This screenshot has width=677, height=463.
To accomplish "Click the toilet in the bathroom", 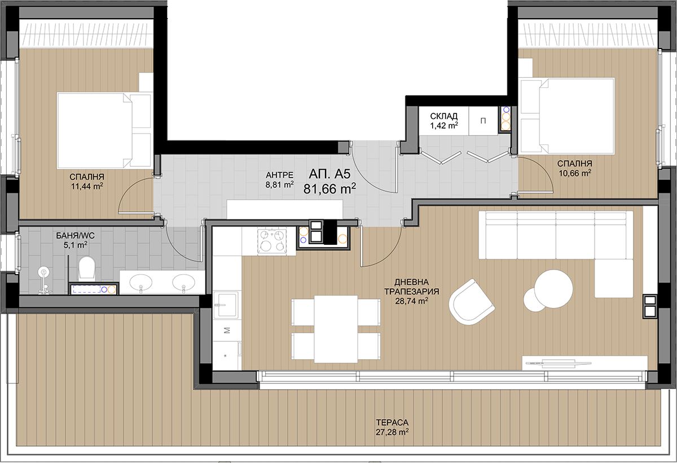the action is click(87, 267).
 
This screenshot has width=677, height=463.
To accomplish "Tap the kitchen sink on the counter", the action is click(226, 305).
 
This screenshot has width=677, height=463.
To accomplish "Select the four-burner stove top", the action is click(272, 241).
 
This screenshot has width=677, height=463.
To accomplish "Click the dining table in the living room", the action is click(336, 329).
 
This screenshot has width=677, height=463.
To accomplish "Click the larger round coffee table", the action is click(553, 288).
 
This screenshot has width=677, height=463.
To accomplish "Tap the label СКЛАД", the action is click(443, 116).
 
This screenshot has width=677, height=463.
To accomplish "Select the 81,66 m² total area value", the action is click(329, 188).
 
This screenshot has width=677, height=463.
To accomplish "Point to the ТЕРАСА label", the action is click(392, 422).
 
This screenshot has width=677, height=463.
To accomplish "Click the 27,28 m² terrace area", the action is click(392, 432).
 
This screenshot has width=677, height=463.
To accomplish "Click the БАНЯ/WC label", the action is click(75, 236).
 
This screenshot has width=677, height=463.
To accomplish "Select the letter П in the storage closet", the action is click(483, 121).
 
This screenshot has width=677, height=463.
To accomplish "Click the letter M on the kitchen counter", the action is click(227, 330).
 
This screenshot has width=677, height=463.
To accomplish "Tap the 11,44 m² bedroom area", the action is click(87, 186).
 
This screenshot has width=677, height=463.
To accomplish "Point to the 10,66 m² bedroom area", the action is click(574, 173).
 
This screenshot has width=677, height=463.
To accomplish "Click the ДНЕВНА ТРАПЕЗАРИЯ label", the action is click(411, 287).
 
